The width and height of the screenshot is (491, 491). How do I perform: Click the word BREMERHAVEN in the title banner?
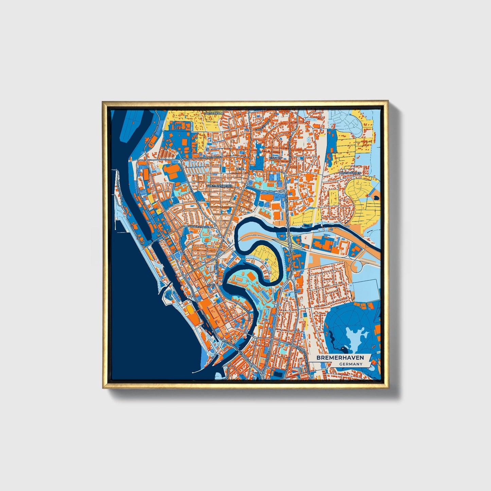click(x=340, y=358)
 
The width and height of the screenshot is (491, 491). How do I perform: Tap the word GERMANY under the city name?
click(x=351, y=364)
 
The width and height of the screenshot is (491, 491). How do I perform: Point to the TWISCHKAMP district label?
click(x=213, y=113)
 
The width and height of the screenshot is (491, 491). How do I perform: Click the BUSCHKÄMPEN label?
click(x=350, y=173)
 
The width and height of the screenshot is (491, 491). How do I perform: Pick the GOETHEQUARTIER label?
click(x=220, y=186)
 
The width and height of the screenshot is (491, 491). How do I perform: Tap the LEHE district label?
click(x=240, y=169)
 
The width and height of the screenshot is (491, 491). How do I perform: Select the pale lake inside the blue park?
click(x=355, y=336)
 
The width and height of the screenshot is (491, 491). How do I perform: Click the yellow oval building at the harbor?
click(x=192, y=310)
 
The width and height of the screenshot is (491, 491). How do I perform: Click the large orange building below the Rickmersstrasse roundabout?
click(x=173, y=172)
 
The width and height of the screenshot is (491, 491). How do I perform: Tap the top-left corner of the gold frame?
click(x=103, y=102)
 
